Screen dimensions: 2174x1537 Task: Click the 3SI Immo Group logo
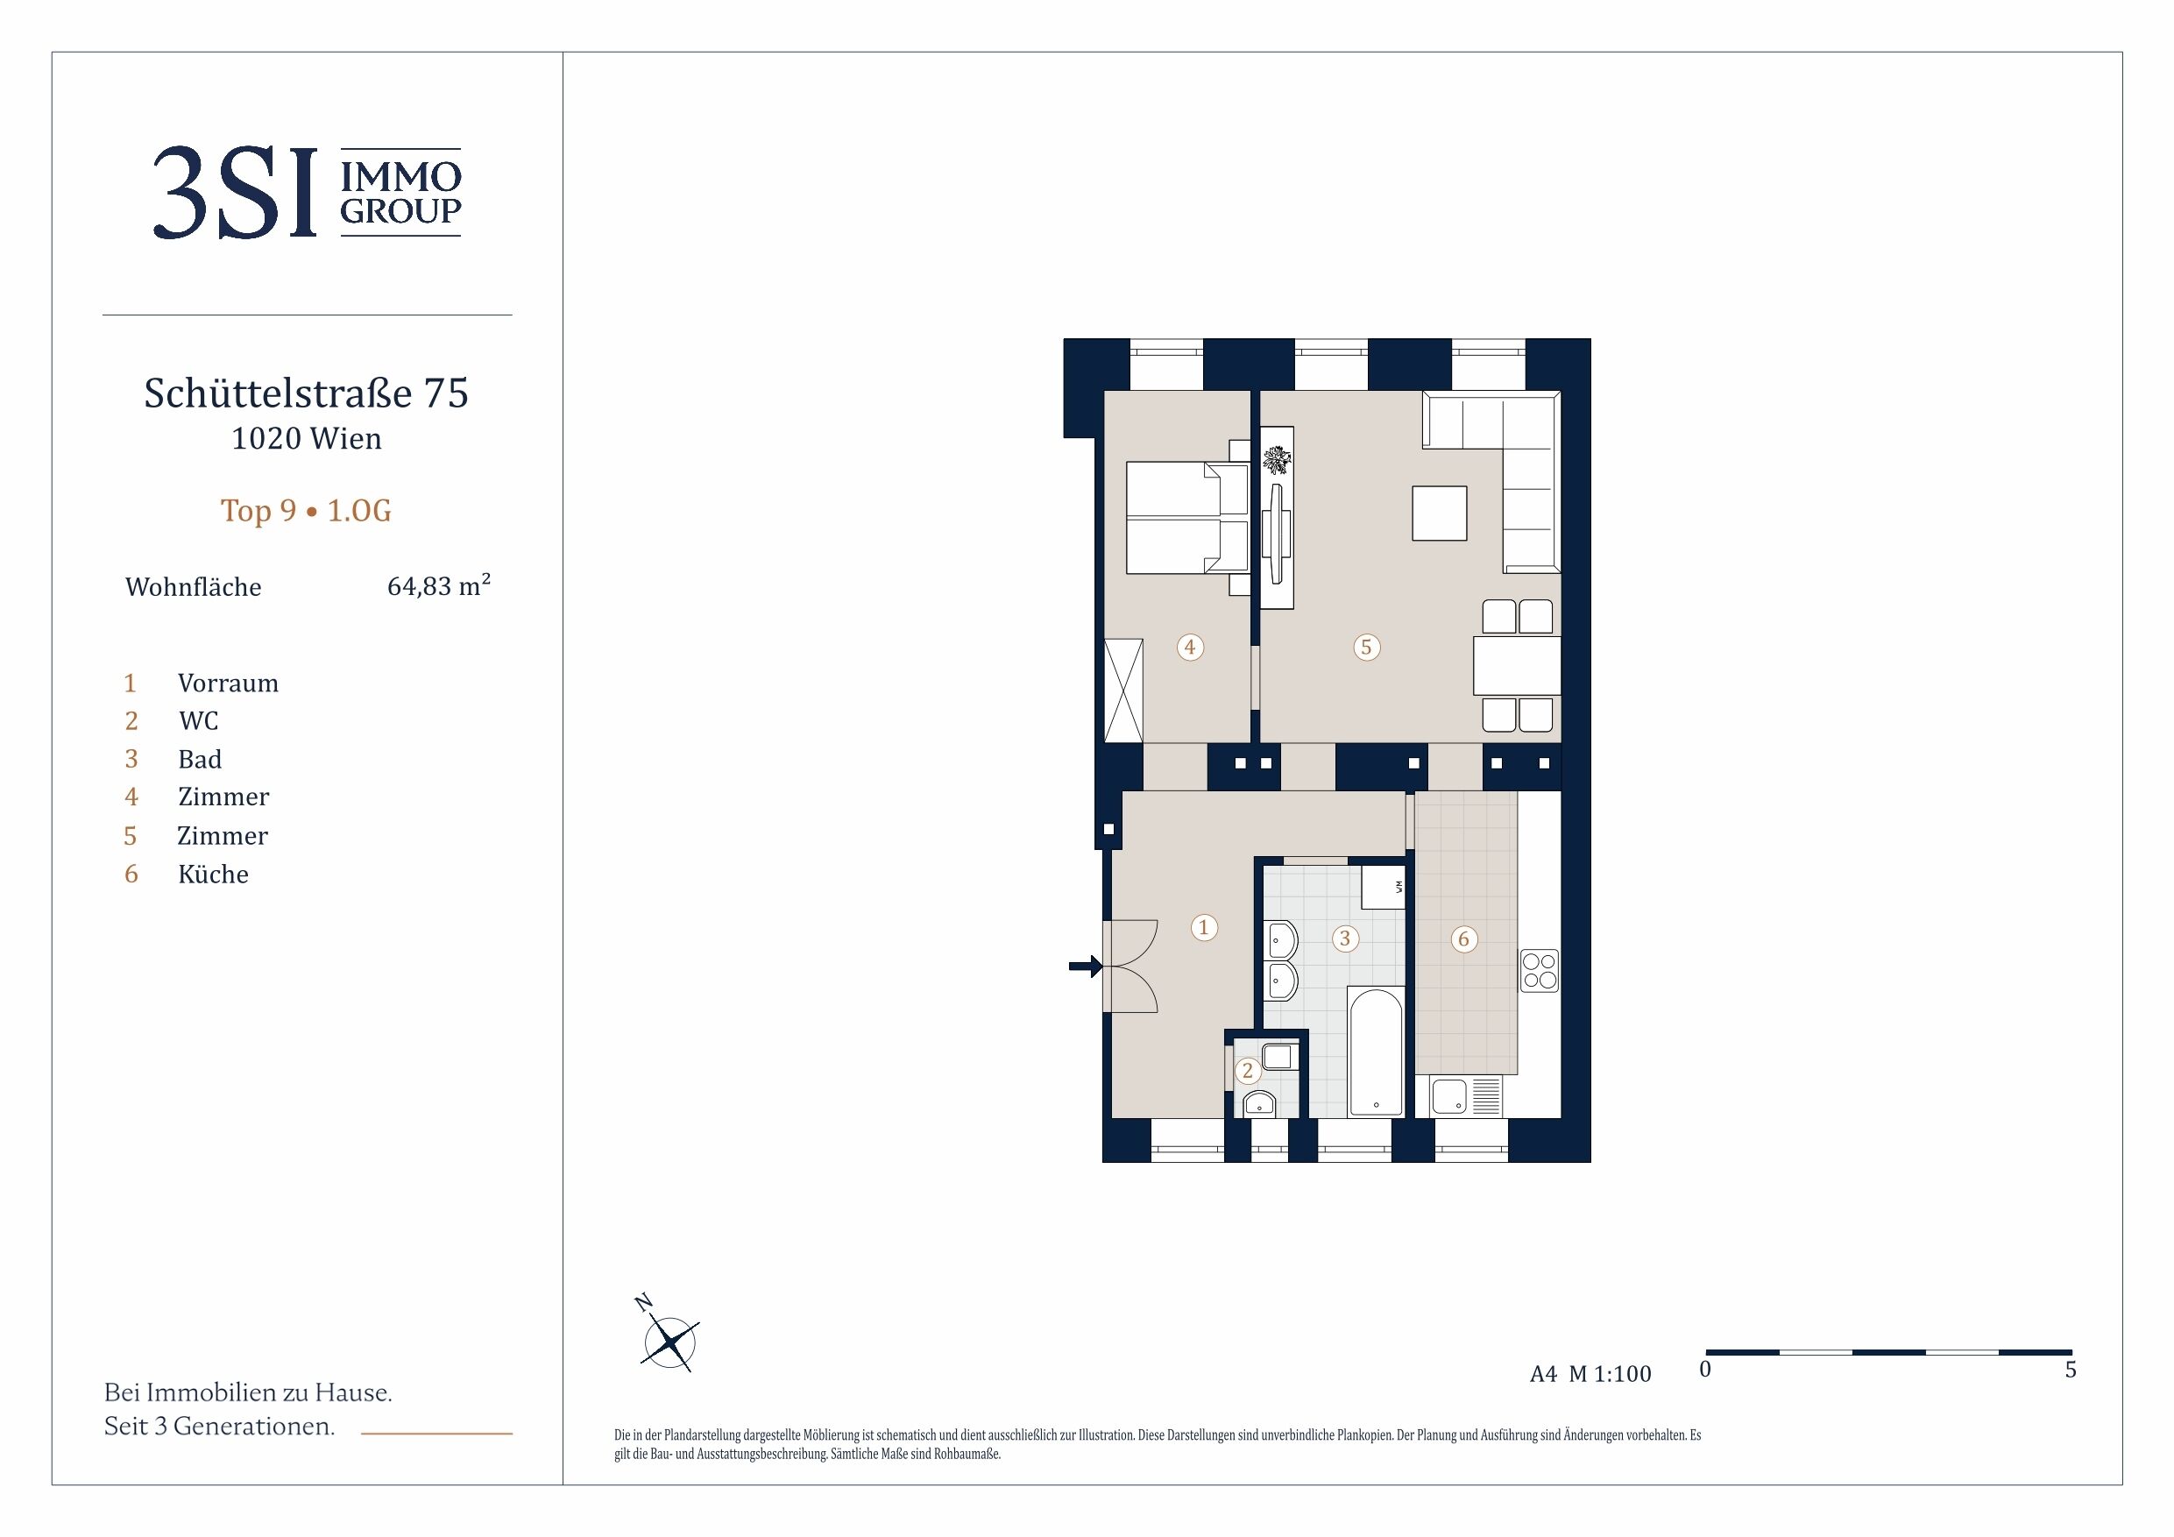tap(307, 192)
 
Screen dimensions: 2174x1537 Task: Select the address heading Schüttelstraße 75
tap(306, 393)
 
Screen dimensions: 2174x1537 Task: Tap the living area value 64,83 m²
tap(438, 585)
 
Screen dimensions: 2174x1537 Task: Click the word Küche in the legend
tap(213, 873)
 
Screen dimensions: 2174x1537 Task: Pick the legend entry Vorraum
tap(228, 683)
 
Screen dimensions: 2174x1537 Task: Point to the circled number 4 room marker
tap(1190, 647)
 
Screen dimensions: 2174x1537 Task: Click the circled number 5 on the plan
tap(1365, 647)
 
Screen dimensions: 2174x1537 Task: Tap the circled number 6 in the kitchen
tap(1464, 938)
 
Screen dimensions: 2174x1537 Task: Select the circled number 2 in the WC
tap(1247, 1070)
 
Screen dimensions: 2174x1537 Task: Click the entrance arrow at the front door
tap(1085, 966)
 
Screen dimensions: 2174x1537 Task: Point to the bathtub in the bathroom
tap(1376, 1052)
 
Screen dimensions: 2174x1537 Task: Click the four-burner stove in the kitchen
tap(1540, 971)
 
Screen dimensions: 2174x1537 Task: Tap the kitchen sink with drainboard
tap(1466, 1096)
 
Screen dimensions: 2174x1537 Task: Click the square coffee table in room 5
tap(1439, 514)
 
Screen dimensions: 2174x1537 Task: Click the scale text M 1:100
tap(1610, 1373)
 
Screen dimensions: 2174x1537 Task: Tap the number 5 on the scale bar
tap(2071, 1370)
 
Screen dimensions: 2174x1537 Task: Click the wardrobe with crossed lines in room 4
tap(1124, 691)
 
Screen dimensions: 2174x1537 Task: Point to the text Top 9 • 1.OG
tap(306, 511)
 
